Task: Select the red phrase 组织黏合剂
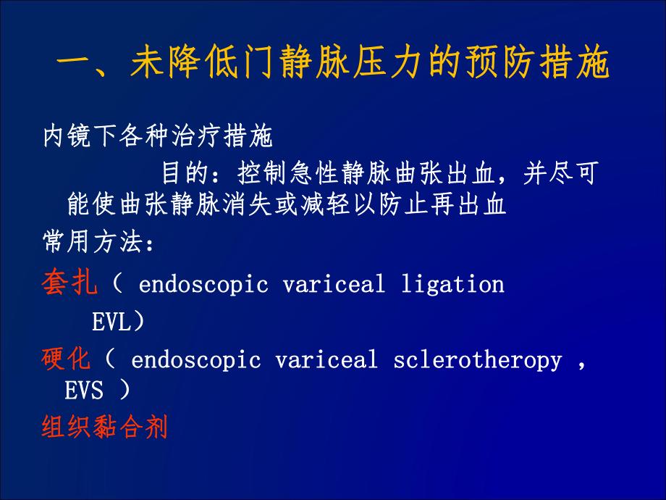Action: [x=105, y=427]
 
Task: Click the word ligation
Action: [x=452, y=284]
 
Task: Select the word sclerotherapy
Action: [x=478, y=360]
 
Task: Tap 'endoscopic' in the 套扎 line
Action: [x=203, y=284]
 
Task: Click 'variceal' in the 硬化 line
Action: [x=326, y=360]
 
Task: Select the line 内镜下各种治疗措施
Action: [x=157, y=136]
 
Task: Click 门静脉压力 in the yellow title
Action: [x=319, y=66]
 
